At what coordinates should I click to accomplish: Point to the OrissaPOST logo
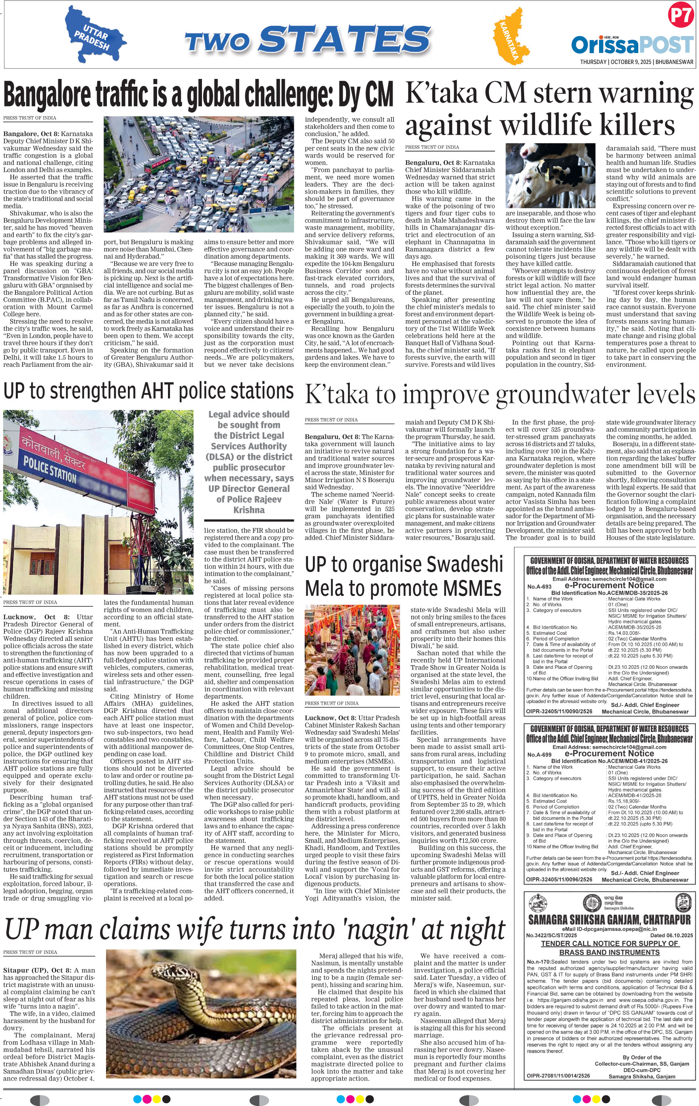[632, 45]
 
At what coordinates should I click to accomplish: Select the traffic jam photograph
[198, 177]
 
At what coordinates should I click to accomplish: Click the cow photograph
[550, 177]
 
